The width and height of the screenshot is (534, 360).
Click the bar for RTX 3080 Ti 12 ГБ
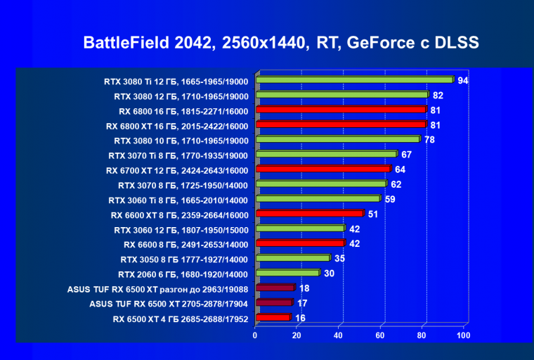coord(354,80)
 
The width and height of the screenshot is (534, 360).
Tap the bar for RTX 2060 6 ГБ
coord(287,273)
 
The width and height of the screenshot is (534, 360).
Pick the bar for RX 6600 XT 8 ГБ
coord(309,213)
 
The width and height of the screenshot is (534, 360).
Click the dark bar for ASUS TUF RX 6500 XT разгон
coord(275,288)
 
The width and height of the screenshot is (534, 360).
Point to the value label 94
coord(462,80)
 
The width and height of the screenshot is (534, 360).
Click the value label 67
coord(406,154)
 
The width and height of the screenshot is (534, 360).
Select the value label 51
coord(373,213)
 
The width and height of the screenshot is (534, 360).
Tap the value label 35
coord(339,258)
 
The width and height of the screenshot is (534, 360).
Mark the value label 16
coord(299,317)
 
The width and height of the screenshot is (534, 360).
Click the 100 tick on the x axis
coord(462,335)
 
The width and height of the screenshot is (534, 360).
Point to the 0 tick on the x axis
coord(255,335)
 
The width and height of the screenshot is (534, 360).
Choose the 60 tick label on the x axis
coord(380,335)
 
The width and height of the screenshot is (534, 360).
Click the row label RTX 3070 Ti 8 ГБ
coord(178,155)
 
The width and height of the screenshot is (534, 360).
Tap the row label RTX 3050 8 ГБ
coord(184,259)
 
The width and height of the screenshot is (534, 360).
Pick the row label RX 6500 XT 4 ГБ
coord(181,318)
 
